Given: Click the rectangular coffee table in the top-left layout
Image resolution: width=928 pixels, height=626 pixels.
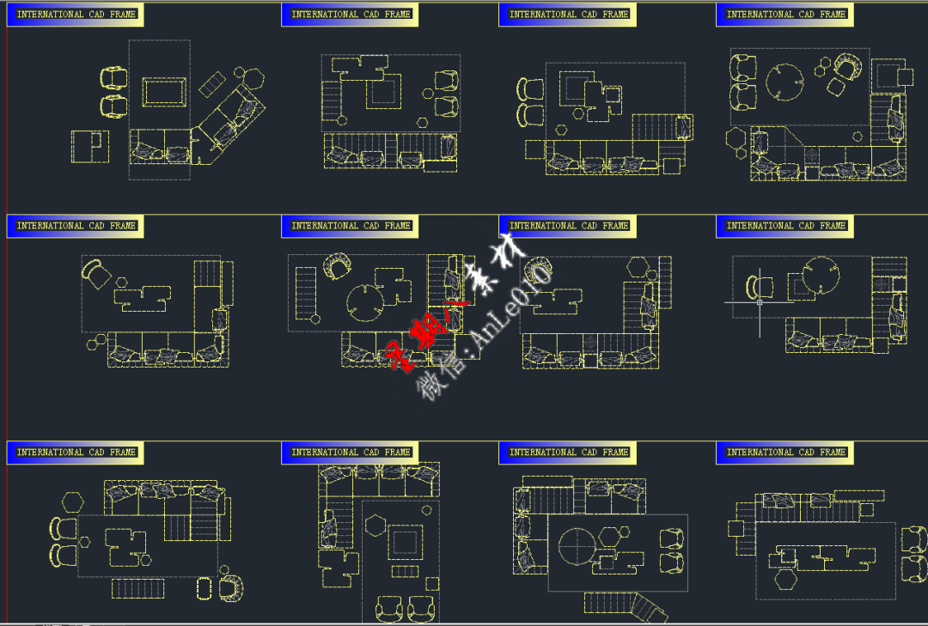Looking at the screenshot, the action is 163,92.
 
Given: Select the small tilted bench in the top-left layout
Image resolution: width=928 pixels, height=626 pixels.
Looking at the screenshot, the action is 211,84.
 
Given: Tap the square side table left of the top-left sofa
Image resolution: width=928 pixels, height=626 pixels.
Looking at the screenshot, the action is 90,146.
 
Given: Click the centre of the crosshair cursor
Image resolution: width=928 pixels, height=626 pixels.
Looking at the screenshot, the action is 759,302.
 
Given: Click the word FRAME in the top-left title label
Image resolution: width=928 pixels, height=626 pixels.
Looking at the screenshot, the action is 123,15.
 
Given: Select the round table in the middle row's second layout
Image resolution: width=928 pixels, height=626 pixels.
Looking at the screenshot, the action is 366,300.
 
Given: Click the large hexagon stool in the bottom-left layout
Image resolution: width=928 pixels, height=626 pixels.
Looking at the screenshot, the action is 72,501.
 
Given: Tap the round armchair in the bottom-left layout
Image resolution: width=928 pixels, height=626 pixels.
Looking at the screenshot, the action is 230,588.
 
